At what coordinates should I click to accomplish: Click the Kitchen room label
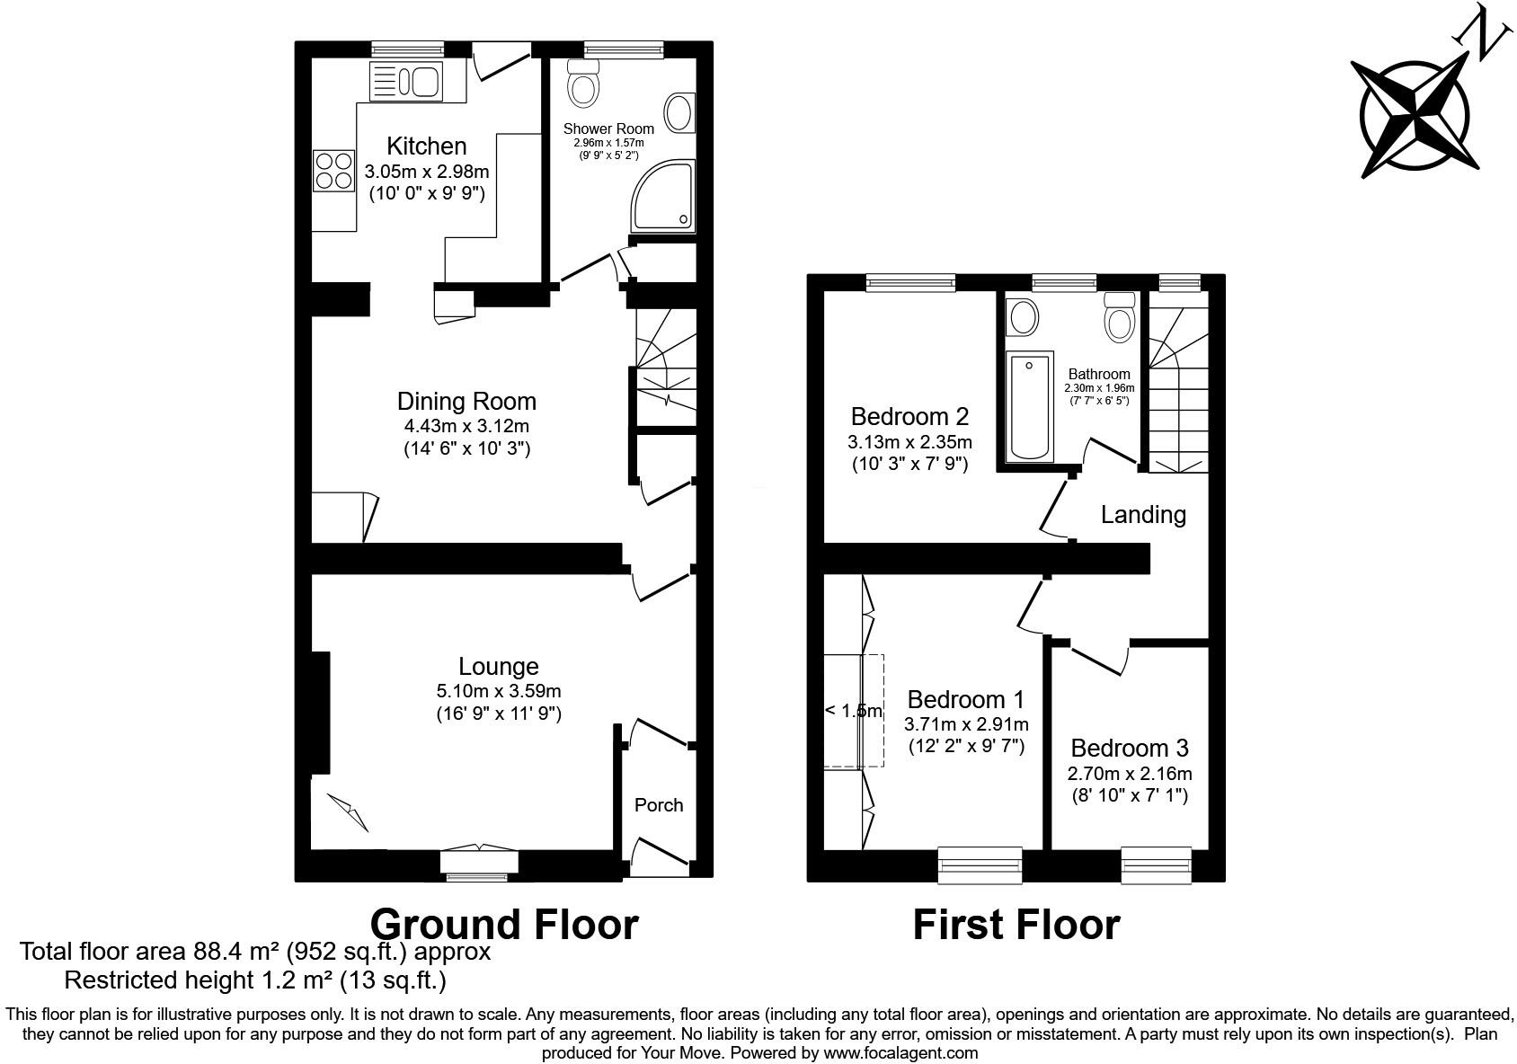coord(426,146)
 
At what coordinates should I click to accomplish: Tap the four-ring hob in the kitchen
coord(333,170)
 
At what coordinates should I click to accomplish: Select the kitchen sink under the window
coord(405,82)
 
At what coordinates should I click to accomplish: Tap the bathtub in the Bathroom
coord(1030,406)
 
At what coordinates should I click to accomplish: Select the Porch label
coord(659,805)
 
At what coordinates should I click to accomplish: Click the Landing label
coord(1143,515)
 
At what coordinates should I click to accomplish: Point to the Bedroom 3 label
coord(1129,748)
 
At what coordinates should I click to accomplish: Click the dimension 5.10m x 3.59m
coord(498,691)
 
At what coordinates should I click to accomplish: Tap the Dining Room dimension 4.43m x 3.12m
coord(466,426)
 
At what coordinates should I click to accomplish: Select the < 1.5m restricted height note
coord(853,711)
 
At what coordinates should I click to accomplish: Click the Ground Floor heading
coord(504,924)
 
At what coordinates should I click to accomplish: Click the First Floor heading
coord(1016,924)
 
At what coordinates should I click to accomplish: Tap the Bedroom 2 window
coord(910,283)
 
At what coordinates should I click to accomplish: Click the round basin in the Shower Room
coord(679,114)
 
